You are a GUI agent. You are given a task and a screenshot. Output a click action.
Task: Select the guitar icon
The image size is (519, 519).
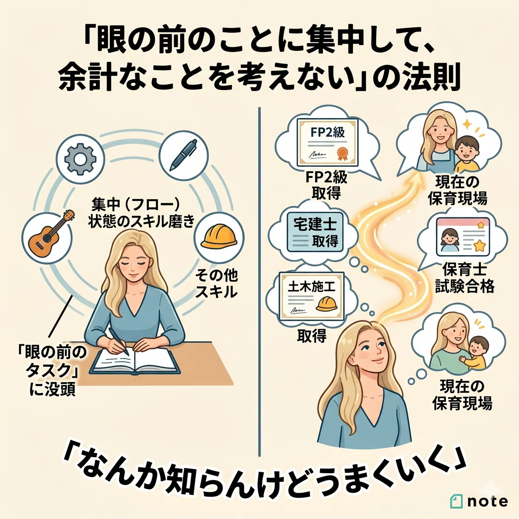(51, 234)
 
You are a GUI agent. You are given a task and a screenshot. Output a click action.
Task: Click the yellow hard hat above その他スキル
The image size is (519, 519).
(219, 237)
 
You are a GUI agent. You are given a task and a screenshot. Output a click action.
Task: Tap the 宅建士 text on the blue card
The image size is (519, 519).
(314, 224)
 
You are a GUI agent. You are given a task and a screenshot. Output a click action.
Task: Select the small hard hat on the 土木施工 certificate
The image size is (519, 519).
(327, 304)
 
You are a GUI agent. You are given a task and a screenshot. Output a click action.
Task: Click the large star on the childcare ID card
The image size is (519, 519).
(479, 246)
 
